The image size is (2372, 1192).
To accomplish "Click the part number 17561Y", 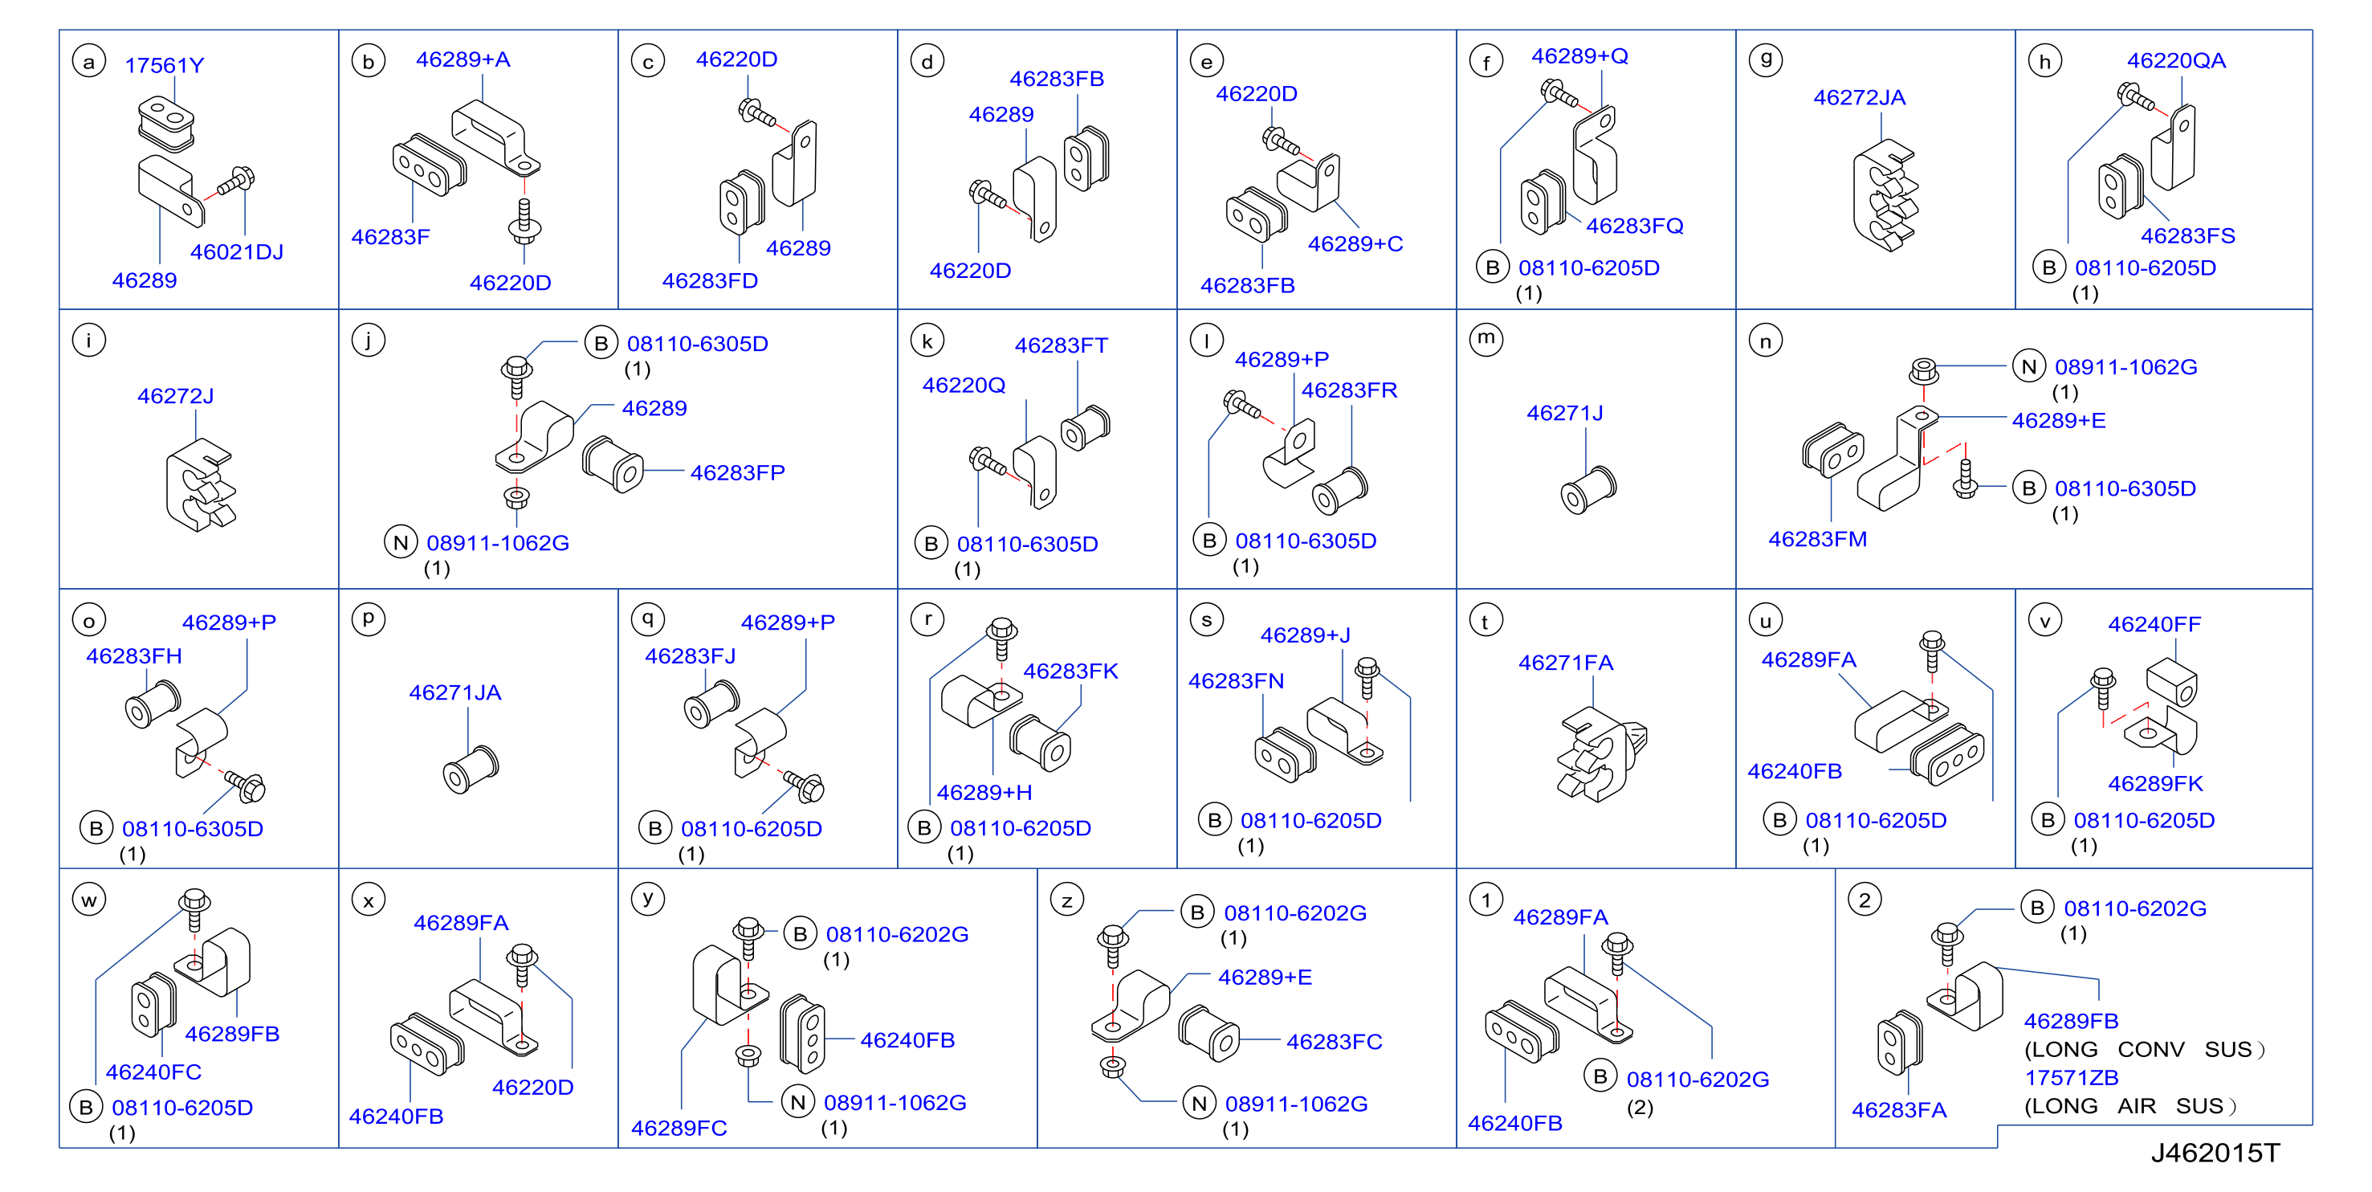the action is [x=164, y=65].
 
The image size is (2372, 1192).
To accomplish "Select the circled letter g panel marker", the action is [x=1765, y=60].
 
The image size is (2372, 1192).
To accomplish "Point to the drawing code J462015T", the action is [x=2215, y=1153].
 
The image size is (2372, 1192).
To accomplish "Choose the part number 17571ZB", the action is [x=2071, y=1077].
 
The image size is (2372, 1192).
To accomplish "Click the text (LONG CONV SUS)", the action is [x=2144, y=1049].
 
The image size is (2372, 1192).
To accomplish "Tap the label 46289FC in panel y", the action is [x=679, y=1128].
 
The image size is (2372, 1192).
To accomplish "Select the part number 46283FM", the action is [x=1818, y=539].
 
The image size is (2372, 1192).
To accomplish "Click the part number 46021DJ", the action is [x=237, y=251].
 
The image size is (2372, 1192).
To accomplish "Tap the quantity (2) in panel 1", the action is [x=1640, y=1107].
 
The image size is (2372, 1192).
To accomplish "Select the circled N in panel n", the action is [x=2028, y=366].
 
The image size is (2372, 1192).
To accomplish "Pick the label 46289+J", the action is [x=1305, y=635].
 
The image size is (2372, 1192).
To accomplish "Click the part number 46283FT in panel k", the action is [x=1061, y=345].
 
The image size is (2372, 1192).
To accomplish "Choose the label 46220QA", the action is [x=2176, y=60].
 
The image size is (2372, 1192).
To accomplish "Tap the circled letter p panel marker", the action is [x=369, y=619].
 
